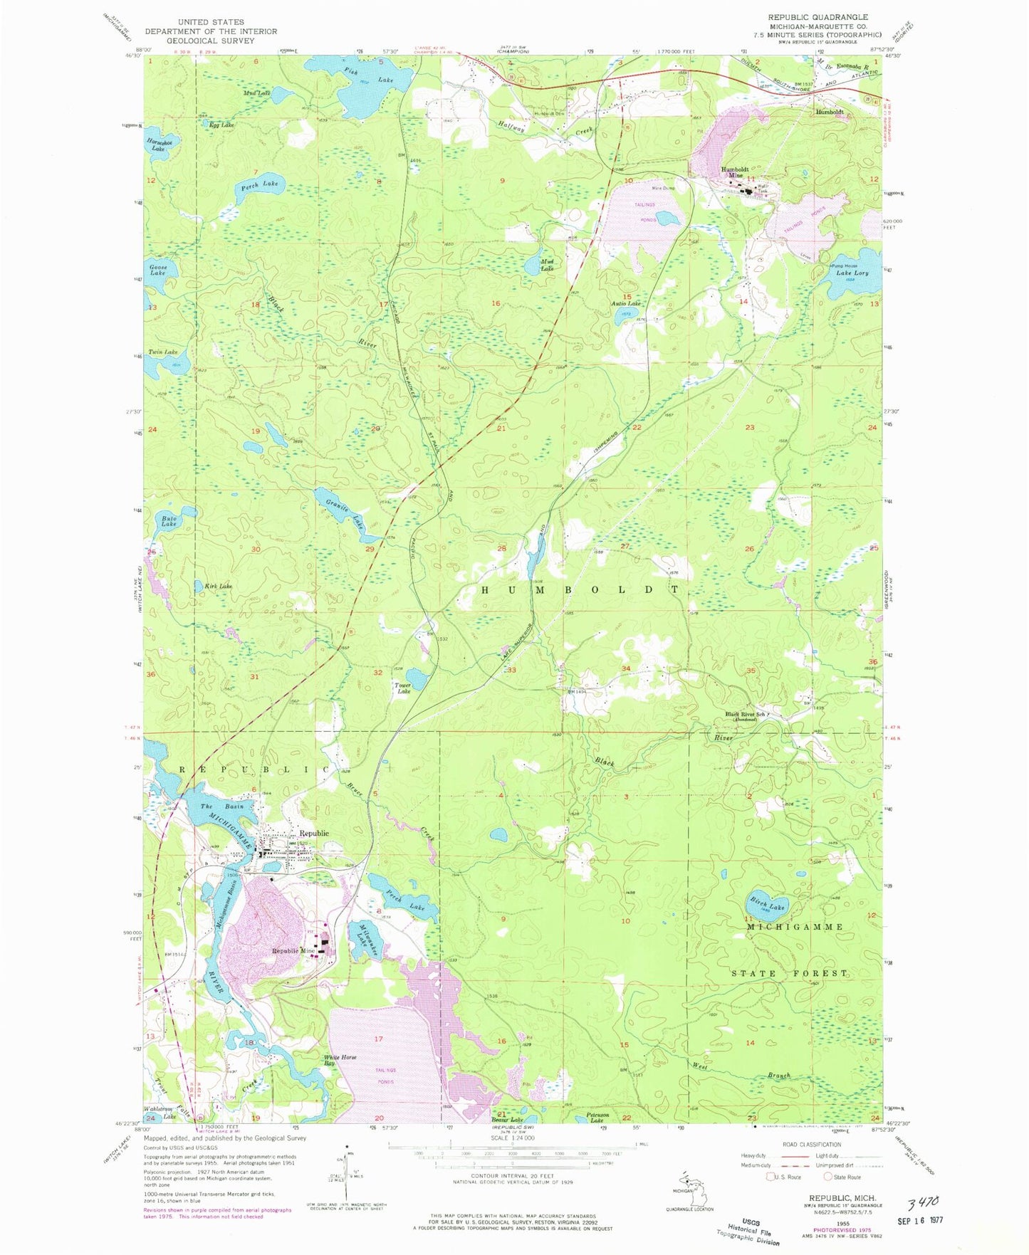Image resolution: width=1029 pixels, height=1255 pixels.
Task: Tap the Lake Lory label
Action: point(852,273)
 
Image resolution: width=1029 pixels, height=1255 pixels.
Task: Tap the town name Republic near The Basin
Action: point(313,833)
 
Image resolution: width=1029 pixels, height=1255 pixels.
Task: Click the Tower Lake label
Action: point(403,688)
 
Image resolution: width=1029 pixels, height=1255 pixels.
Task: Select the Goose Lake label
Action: point(157,271)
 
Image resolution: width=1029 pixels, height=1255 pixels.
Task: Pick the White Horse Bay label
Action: point(340,1060)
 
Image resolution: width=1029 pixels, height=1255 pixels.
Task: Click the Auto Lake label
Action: point(626,304)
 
